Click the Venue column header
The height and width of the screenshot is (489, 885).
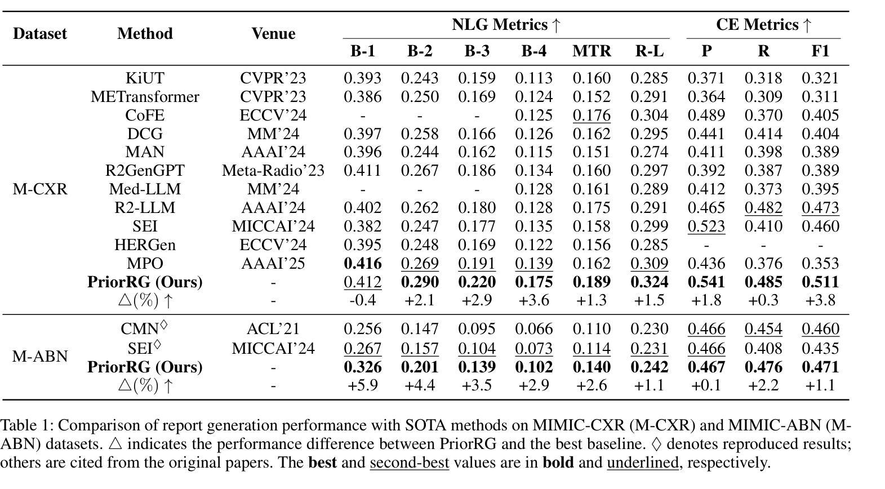273,34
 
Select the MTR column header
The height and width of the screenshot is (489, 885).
592,51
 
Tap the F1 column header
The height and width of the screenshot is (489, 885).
820,51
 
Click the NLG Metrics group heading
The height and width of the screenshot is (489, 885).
506,25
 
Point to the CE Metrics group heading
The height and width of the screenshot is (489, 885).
763,25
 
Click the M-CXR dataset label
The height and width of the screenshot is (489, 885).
40,189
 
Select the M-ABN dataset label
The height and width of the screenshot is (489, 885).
40,357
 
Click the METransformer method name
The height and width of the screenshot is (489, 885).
145,97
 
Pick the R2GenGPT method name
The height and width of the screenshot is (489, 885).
145,171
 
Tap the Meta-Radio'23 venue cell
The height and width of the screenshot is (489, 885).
273,171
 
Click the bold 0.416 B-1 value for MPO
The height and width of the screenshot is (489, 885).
363,264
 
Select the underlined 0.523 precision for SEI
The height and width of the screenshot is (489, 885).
706,226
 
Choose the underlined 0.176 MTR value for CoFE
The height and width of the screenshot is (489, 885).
592,115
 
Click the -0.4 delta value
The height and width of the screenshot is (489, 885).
363,300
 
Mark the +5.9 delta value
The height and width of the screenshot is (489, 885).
363,385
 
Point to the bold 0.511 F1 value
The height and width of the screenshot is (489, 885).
820,282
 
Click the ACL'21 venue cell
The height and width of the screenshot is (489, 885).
273,329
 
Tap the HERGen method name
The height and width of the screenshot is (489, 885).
145,245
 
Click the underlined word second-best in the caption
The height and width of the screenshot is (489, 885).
410,462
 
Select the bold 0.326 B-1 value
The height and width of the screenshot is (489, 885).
363,367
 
